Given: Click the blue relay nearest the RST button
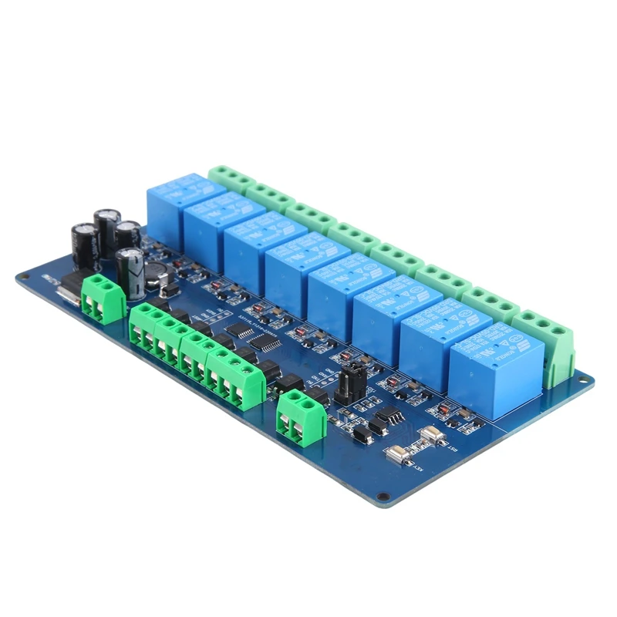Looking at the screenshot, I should pos(486,368).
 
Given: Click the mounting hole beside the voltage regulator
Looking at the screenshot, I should pos(23,275).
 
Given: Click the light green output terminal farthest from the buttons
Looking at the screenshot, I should pos(231,177).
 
